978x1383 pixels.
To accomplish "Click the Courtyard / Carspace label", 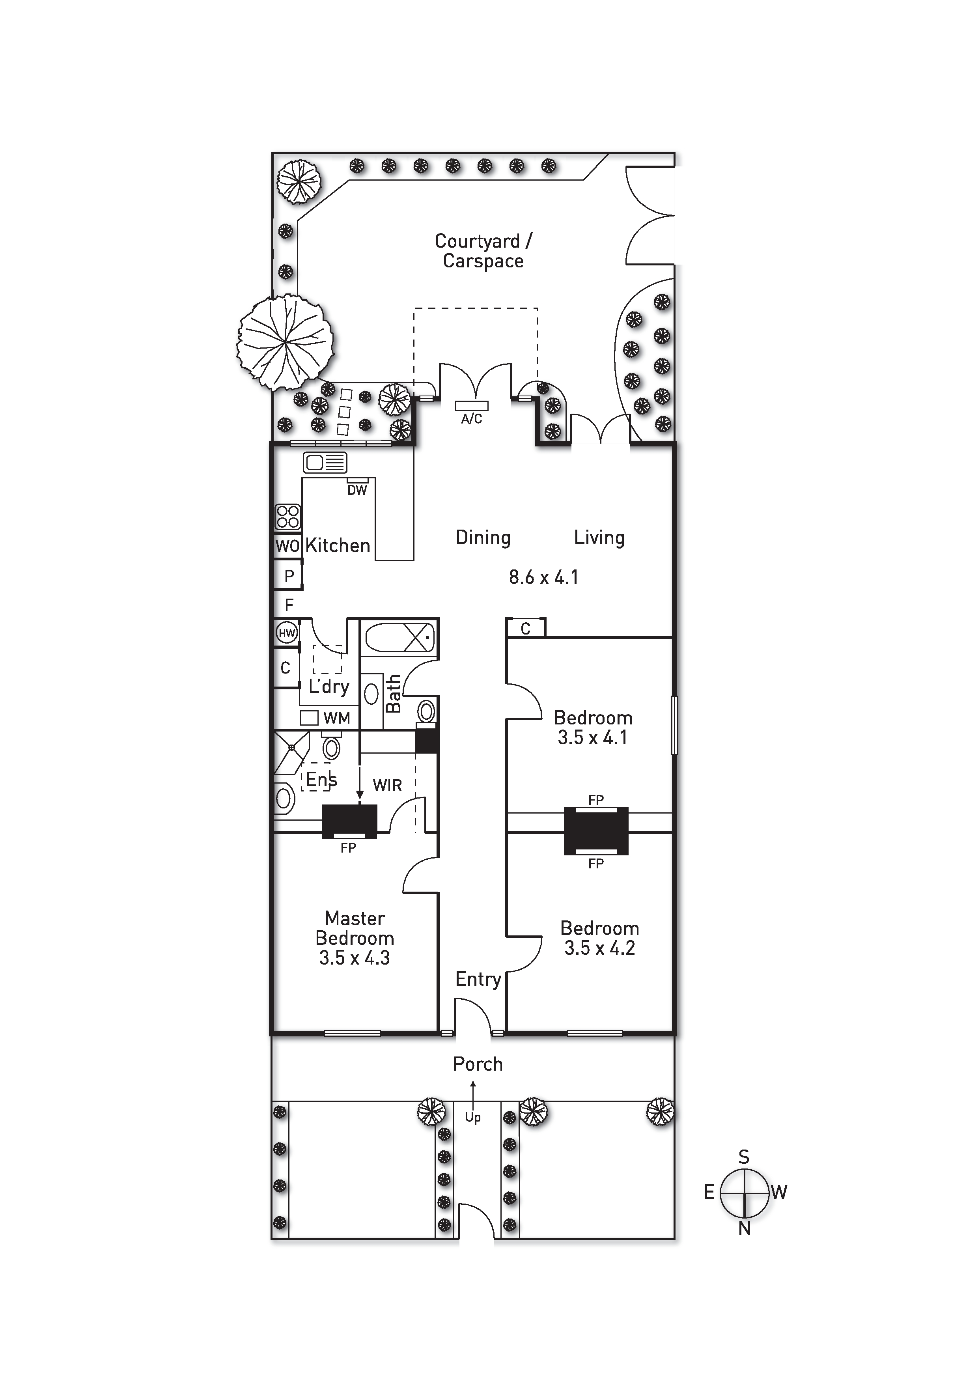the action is tap(483, 251).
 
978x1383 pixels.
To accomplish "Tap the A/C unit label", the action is tap(472, 419).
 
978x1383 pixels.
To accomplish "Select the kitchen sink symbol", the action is tap(325, 463).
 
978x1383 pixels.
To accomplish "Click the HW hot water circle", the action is tap(287, 633).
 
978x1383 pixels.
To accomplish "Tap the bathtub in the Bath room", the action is tap(399, 636).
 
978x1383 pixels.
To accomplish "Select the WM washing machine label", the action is tap(337, 718).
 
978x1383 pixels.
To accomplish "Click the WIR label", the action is tap(387, 786).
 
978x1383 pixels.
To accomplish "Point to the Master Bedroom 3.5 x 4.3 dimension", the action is tap(355, 958).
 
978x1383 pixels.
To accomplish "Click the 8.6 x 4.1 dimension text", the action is tap(544, 578).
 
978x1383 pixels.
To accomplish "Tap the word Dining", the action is tap(483, 538).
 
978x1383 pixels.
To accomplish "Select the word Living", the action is tap(599, 538).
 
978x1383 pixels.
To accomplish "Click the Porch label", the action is tap(478, 1064).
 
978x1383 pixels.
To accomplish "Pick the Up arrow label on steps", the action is tap(473, 1117).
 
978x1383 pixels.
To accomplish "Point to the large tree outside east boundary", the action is tap(285, 342).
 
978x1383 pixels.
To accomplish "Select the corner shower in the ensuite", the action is tap(291, 752).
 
